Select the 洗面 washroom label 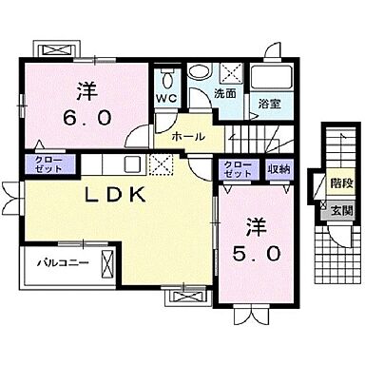point(225,96)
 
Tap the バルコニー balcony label point(58,259)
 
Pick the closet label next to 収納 point(238,169)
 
